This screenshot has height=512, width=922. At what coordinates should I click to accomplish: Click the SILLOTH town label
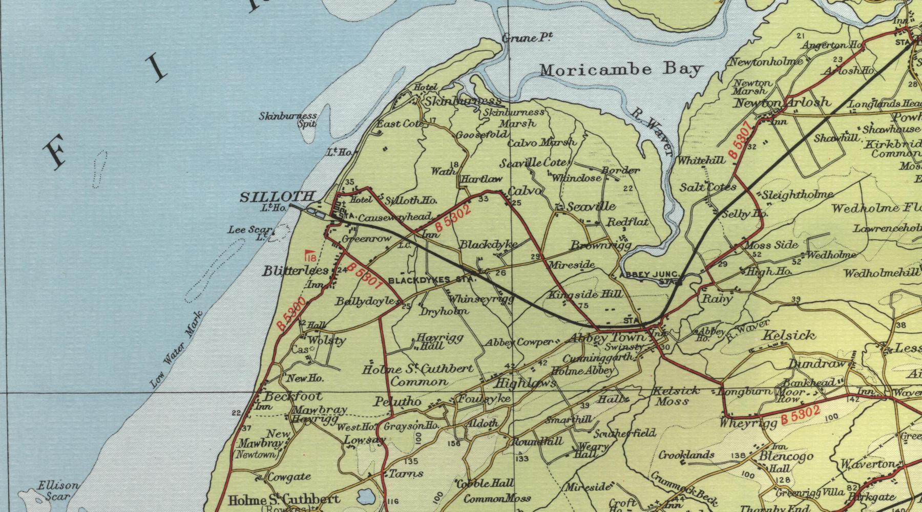[x=277, y=197]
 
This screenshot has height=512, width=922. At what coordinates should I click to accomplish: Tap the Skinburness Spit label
[x=288, y=119]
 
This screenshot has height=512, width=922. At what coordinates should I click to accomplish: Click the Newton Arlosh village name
[x=783, y=102]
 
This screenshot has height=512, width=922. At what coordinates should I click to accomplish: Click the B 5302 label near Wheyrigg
[x=800, y=414]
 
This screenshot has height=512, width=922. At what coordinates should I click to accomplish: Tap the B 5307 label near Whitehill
[x=741, y=140]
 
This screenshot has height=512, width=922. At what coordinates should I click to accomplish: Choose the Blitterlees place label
[x=288, y=271]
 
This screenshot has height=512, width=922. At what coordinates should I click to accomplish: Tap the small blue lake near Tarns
[x=365, y=496]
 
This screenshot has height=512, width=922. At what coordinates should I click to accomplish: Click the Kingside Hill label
[x=585, y=294]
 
